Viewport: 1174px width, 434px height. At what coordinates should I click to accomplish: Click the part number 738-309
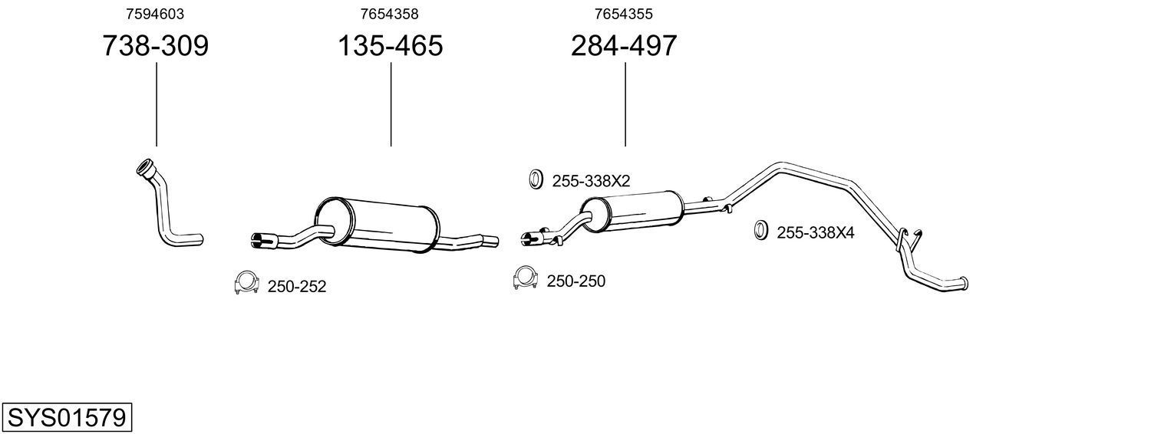tap(155, 46)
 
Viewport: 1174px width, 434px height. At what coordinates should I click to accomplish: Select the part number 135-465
tap(391, 46)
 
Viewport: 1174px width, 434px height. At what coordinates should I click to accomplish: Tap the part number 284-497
tap(624, 46)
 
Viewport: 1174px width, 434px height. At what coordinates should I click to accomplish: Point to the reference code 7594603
tap(155, 14)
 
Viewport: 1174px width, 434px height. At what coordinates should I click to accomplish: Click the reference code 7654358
tap(390, 14)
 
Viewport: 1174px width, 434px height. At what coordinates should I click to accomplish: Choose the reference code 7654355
tap(624, 14)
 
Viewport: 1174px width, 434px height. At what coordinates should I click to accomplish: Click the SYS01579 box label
tap(66, 418)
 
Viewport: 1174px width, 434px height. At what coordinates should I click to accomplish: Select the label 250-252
tap(297, 287)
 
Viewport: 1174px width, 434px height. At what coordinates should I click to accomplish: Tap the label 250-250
tap(576, 281)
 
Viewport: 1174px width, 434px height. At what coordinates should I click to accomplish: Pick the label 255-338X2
tap(591, 182)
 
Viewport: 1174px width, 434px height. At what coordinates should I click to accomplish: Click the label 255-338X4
tap(816, 232)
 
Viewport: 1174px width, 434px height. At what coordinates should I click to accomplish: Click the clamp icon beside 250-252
tap(246, 283)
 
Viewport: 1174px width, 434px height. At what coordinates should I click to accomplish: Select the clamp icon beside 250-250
tap(525, 278)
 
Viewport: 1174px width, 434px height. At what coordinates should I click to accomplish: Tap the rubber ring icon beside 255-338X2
tap(536, 179)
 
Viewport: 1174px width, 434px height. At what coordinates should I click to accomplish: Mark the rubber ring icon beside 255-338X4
tap(760, 229)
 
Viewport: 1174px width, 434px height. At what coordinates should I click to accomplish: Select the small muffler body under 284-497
tap(633, 211)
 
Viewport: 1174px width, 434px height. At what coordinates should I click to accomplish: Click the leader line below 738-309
tap(157, 104)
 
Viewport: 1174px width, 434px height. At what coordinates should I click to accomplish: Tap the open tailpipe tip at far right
tap(965, 284)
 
